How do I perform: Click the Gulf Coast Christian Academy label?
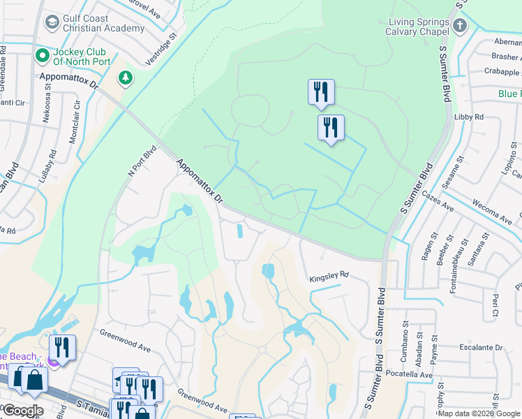coord(104,23)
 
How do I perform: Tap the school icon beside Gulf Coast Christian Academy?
coord(52,23)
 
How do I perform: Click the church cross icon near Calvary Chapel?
coord(459,27)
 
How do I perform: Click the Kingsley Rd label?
coord(329,277)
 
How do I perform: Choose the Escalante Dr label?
coord(480,347)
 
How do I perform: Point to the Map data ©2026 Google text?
coord(479,413)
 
